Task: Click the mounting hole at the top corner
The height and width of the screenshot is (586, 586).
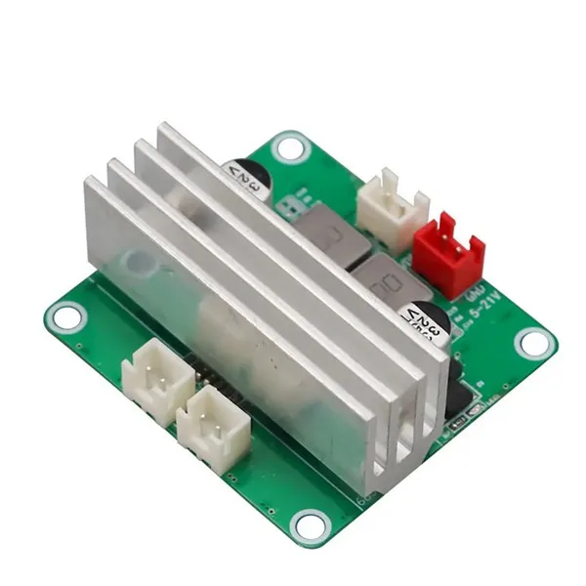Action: click(289, 148)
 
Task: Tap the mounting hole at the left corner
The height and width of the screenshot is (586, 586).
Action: click(66, 316)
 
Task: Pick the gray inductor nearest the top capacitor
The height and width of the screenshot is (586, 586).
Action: click(325, 235)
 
